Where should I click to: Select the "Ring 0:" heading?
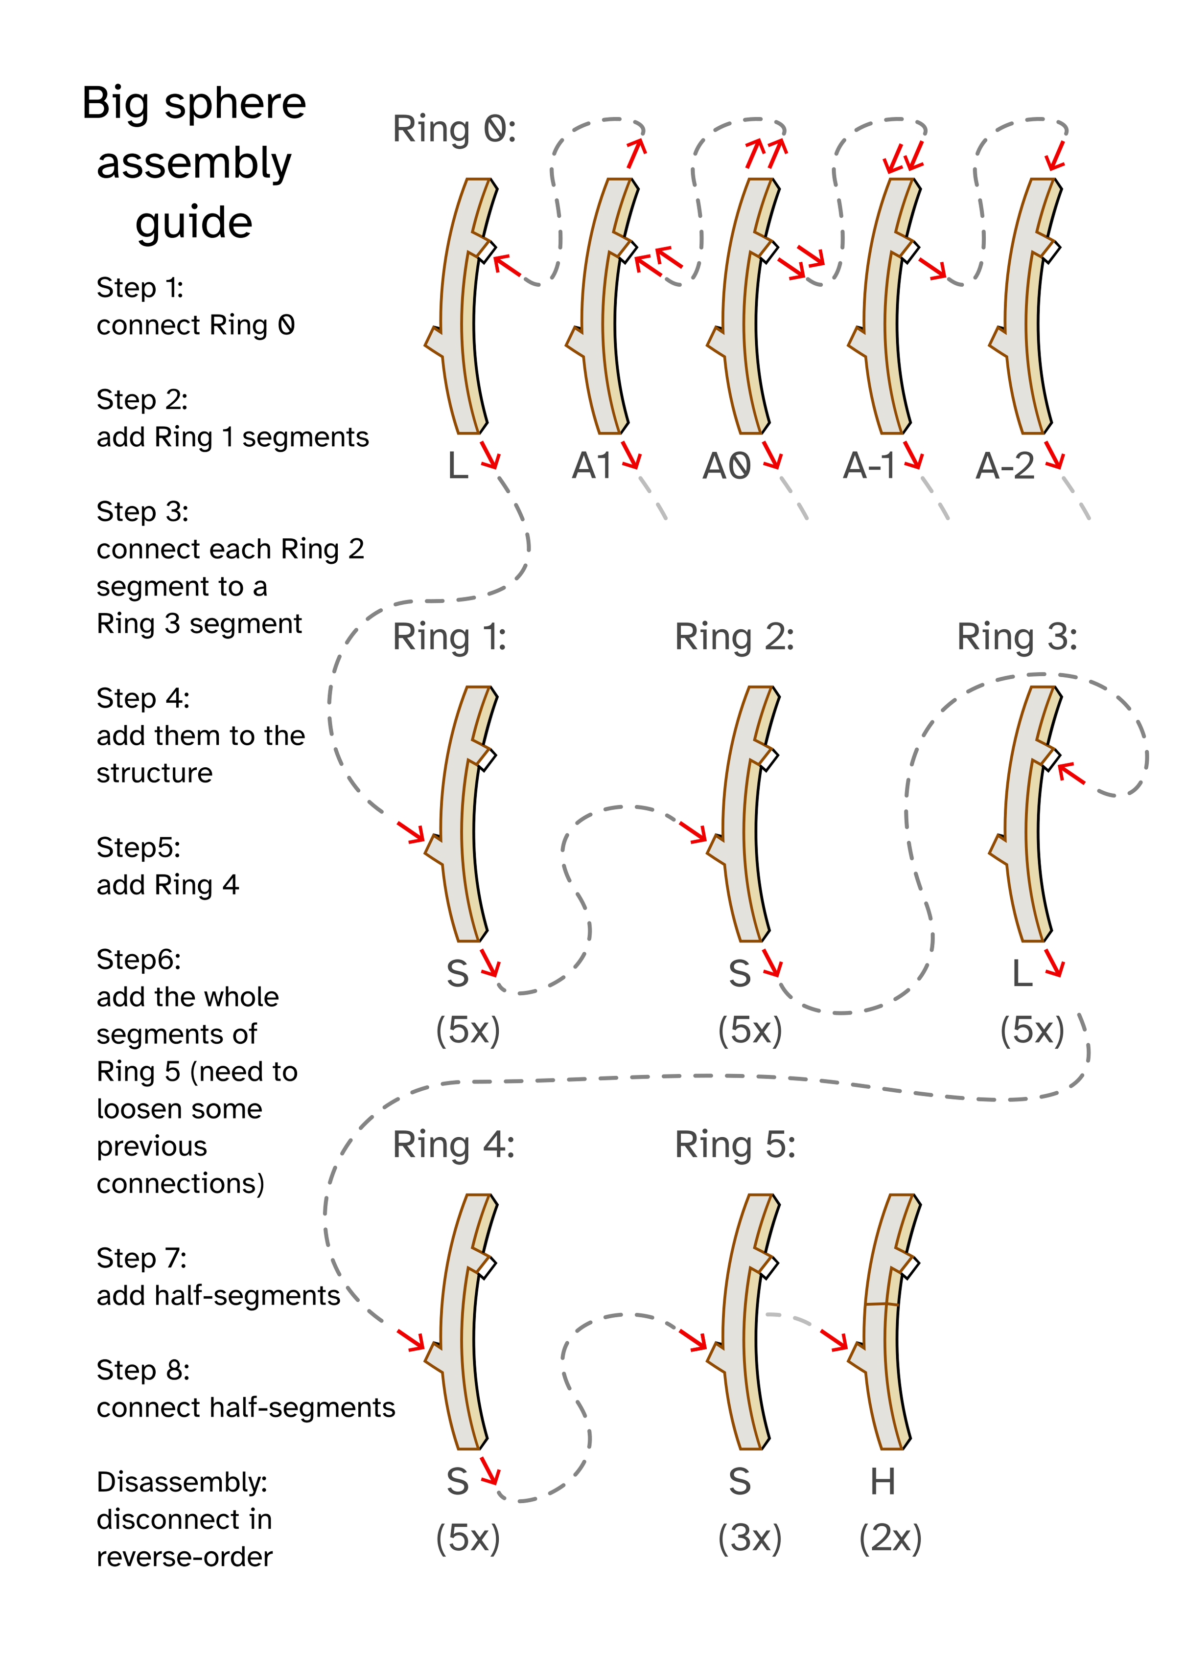click(x=454, y=129)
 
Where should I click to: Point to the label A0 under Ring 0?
click(x=726, y=466)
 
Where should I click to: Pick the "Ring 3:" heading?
click(x=1017, y=637)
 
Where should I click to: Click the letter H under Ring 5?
click(x=883, y=1482)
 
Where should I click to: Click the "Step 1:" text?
click(x=139, y=288)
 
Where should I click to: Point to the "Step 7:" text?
click(x=141, y=1258)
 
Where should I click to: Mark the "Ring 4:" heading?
click(x=453, y=1144)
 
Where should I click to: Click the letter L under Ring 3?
click(x=1022, y=973)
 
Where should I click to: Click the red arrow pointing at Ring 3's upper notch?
click(x=1071, y=773)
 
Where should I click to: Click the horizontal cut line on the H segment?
click(x=881, y=1304)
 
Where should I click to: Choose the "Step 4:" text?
click(x=143, y=699)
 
